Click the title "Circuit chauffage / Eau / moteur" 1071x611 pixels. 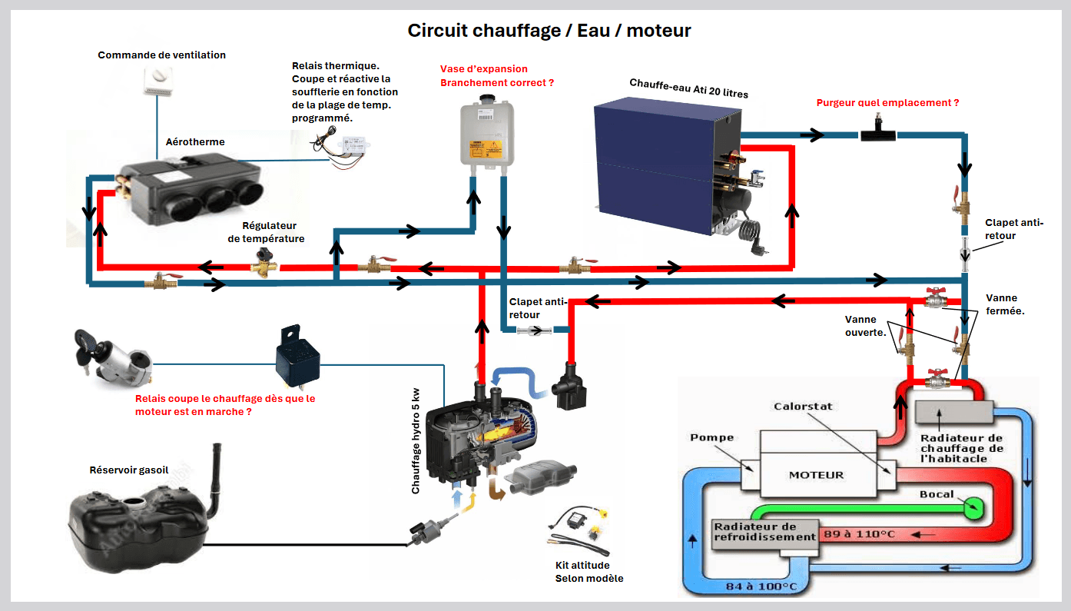coord(549,31)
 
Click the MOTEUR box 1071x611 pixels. coord(816,475)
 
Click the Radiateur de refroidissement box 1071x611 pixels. coord(764,532)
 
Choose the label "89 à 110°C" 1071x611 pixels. coord(859,533)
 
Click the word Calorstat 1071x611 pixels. coord(803,407)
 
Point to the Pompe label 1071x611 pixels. coord(711,437)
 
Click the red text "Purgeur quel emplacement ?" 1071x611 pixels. coord(887,102)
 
